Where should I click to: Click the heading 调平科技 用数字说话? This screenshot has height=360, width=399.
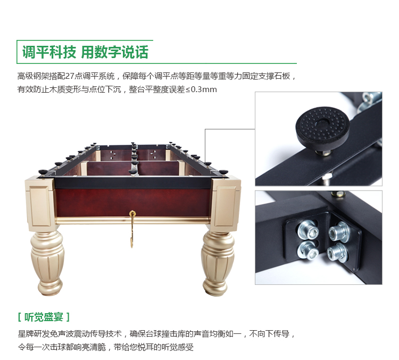click(85, 52)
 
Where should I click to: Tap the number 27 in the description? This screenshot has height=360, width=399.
click(70, 76)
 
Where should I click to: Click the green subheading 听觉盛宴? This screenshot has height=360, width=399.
click(44, 317)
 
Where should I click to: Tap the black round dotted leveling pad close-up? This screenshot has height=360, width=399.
click(322, 127)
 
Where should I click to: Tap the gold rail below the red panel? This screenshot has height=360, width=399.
click(133, 220)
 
